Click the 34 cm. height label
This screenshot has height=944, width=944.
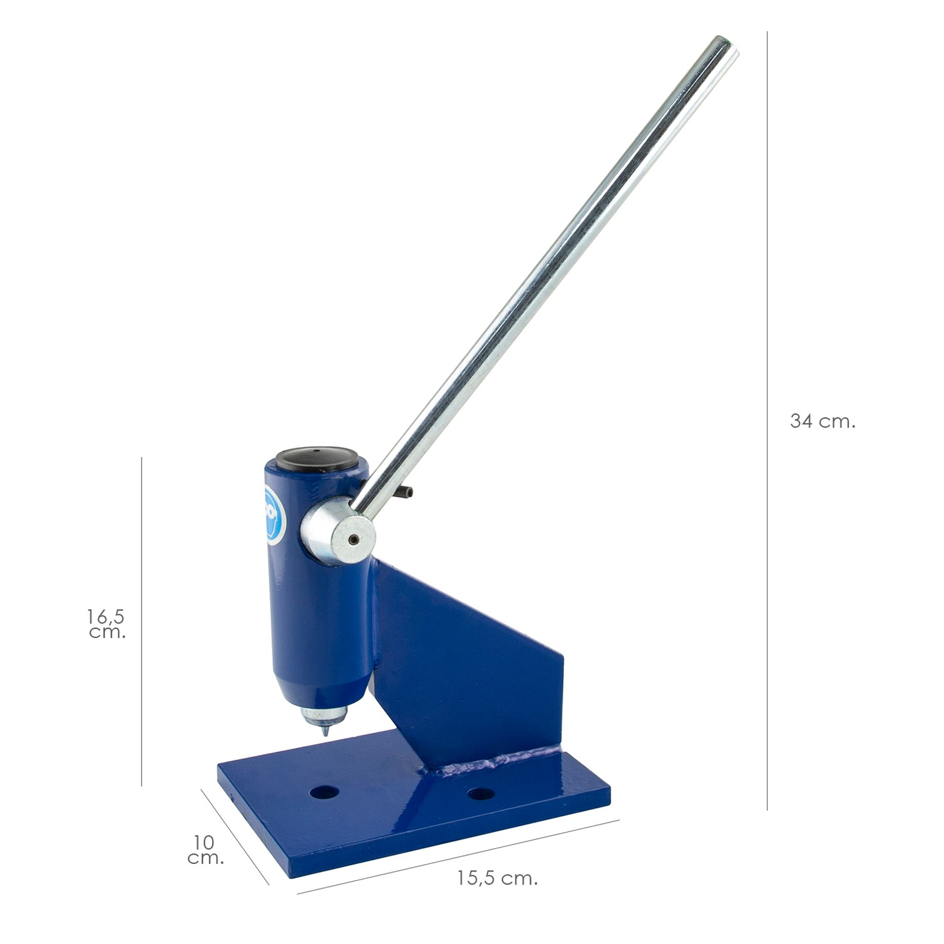822,421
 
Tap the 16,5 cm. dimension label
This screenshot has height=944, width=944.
107,624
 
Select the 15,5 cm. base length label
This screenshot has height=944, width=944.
497,878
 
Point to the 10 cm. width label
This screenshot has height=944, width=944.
205,850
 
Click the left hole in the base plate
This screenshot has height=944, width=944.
324,793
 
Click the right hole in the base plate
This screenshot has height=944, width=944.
481,794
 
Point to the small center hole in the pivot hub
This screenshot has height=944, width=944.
354,539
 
